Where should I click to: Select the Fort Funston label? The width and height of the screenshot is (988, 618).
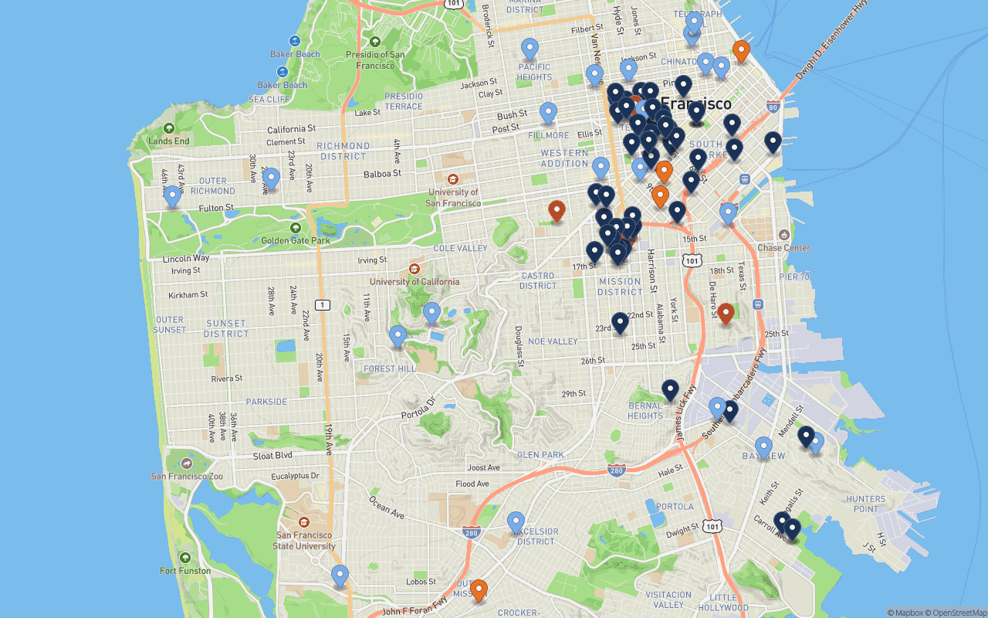[184, 571]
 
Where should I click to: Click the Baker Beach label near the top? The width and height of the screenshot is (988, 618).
[295, 54]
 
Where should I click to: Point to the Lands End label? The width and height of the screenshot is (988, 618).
[168, 141]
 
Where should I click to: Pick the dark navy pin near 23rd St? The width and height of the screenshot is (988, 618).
[620, 323]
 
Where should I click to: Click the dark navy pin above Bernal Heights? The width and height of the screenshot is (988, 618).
[670, 390]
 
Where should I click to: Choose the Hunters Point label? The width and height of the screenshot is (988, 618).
[865, 504]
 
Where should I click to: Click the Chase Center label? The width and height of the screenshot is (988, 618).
[783, 248]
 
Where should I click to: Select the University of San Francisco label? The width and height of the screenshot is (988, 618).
[452, 198]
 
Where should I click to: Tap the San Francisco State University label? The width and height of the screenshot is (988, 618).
[305, 540]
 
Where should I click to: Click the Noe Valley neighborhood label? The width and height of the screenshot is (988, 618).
[553, 341]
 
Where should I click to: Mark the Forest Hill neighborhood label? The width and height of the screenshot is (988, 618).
[390, 368]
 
